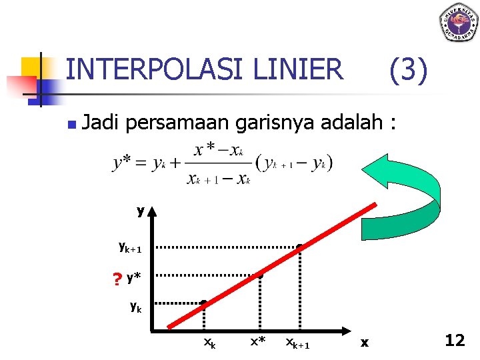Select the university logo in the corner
click(458, 22)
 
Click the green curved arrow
click(407, 190)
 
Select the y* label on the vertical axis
click(133, 276)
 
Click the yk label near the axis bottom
click(135, 307)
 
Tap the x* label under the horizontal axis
click(258, 342)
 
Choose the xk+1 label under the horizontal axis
click(297, 343)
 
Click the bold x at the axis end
click(365, 343)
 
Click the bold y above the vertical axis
click(141, 211)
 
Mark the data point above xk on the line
click(203, 303)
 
